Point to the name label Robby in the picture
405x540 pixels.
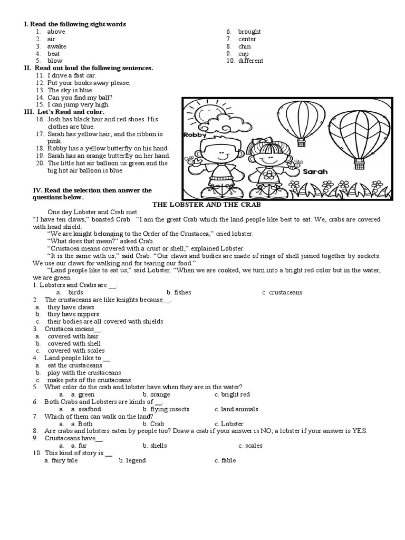point(195,136)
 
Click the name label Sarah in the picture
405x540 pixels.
point(316,171)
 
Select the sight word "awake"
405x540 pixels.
point(56,46)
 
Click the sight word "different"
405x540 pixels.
point(250,61)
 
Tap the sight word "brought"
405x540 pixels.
point(249,32)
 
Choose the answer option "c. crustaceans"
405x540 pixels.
point(282,292)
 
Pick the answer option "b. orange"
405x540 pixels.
point(156,394)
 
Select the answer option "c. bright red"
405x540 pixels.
point(232,394)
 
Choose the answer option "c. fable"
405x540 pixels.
point(225,460)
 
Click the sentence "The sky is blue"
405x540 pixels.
point(70,90)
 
